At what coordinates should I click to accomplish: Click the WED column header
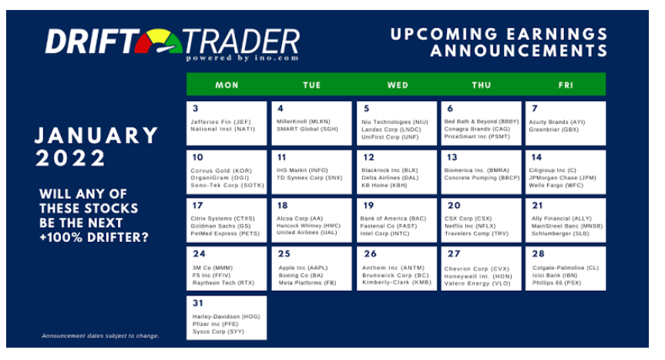pyautogui.click(x=398, y=86)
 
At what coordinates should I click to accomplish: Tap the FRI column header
pyautogui.click(x=566, y=86)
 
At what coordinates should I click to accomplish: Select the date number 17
pyautogui.click(x=197, y=206)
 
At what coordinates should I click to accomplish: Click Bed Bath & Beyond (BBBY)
pyautogui.click(x=482, y=121)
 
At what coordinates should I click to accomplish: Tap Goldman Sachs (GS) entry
pyautogui.click(x=220, y=226)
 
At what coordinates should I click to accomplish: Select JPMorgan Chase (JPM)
pyautogui.click(x=563, y=177)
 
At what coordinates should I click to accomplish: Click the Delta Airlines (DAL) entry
pyautogui.click(x=390, y=177)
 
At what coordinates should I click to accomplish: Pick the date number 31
pyautogui.click(x=197, y=303)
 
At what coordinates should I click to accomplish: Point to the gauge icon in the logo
pyautogui.click(x=159, y=42)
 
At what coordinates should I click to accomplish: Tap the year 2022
pyautogui.click(x=70, y=159)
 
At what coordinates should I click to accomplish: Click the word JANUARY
pyautogui.click(x=96, y=136)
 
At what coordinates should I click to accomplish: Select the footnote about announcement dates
pyautogui.click(x=100, y=336)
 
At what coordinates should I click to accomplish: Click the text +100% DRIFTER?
pyautogui.click(x=94, y=237)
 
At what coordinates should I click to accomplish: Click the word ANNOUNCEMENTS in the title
pyautogui.click(x=519, y=51)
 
